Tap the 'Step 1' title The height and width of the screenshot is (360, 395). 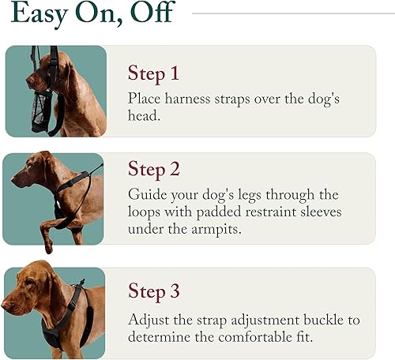coord(153,74)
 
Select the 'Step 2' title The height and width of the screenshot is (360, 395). coord(155,170)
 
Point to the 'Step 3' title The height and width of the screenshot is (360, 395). coord(155,293)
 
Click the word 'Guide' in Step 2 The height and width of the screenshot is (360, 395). coord(147,195)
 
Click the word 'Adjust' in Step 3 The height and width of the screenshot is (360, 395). coord(149,321)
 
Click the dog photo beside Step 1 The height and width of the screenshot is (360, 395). coord(55,91)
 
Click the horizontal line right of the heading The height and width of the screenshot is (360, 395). coord(292,13)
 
